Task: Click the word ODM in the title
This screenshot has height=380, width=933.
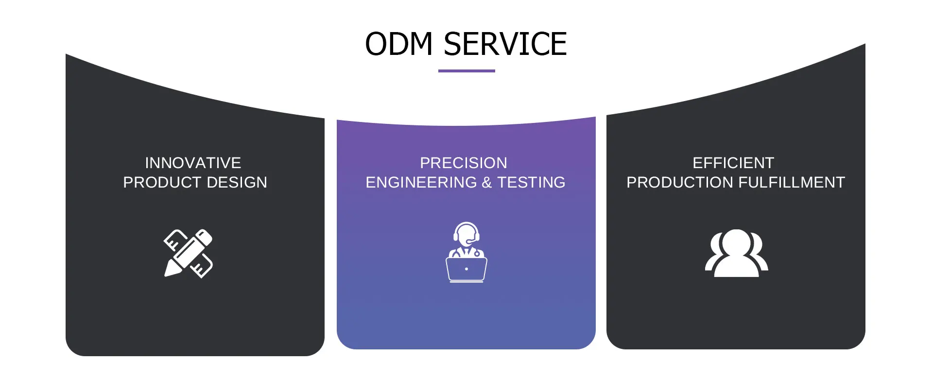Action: [398, 44]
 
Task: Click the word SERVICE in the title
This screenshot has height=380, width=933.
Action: [505, 44]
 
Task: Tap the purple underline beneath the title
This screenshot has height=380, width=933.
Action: [466, 71]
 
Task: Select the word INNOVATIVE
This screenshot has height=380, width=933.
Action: [193, 163]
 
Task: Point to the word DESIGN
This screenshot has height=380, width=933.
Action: [237, 182]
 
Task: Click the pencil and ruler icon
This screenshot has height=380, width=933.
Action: [189, 253]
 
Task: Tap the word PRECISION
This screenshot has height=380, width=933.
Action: [464, 163]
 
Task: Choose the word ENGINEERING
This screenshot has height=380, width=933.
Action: [421, 182]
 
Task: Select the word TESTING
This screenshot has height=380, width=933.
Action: [531, 182]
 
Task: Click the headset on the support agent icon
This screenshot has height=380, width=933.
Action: [466, 232]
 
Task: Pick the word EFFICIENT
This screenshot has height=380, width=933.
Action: [733, 163]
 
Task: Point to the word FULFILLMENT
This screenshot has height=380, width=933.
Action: [792, 182]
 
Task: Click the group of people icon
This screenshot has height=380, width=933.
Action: [737, 253]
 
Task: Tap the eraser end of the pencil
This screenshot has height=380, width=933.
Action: [205, 237]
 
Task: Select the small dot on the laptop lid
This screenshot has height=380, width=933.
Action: [466, 269]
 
